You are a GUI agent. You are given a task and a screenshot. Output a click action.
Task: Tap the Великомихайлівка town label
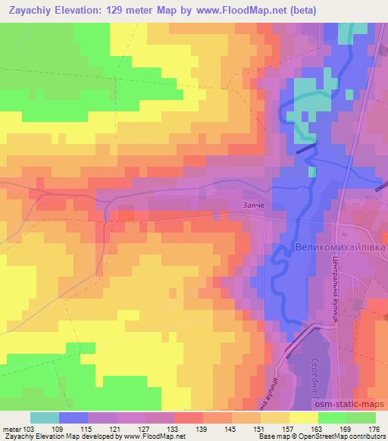pyautogui.click(x=339, y=248)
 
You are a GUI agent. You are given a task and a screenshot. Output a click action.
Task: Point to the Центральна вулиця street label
pyautogui.click(x=334, y=286)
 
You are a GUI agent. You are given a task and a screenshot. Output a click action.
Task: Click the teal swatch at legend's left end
pyautogui.click(x=45, y=417)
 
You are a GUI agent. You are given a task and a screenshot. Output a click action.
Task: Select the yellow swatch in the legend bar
pyautogui.click(x=303, y=417)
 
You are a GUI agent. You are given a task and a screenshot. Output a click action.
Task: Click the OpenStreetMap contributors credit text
pyautogui.click(x=337, y=436)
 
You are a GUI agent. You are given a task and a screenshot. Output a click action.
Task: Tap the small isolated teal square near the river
pyautogui.click(x=312, y=172)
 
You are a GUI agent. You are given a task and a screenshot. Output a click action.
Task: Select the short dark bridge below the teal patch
pyautogui.click(x=305, y=149)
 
